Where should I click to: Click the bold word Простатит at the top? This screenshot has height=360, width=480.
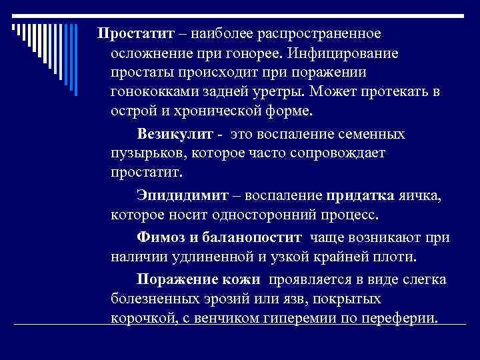(x=136, y=33)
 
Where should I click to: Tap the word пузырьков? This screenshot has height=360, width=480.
(x=148, y=153)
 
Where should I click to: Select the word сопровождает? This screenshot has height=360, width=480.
(x=336, y=153)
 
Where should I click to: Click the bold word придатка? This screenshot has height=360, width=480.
(x=360, y=197)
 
